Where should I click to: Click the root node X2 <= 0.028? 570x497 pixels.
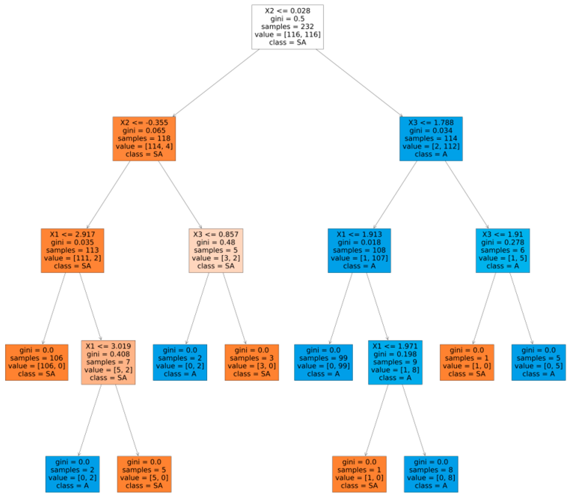point(287,27)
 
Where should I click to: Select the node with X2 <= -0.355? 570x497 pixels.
point(144,138)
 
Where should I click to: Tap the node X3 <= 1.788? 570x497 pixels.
point(431,138)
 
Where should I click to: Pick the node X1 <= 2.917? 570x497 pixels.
point(72,250)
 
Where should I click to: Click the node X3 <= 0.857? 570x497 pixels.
point(216,250)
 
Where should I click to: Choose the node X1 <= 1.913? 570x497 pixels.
point(359,250)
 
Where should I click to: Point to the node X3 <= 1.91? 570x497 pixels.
point(503,250)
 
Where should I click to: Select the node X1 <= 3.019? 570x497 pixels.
point(108,362)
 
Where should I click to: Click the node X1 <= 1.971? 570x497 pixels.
point(395,362)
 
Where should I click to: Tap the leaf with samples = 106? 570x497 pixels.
point(37,362)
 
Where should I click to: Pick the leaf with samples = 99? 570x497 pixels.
point(323,362)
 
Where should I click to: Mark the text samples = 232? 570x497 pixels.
point(287,27)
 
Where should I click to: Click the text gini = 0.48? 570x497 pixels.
point(216,242)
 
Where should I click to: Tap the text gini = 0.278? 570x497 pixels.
point(503,242)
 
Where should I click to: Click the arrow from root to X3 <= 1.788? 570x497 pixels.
point(359,83)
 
